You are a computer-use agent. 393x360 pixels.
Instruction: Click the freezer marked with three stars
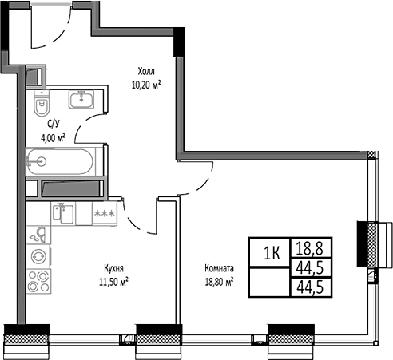(104, 214)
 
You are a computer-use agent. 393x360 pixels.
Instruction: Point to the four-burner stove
(37, 281)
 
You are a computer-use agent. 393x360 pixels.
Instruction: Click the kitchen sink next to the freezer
(65, 214)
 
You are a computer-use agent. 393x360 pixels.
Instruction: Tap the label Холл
(147, 69)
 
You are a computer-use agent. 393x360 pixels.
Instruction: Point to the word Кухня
(113, 269)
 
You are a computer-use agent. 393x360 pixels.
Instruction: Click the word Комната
(218, 269)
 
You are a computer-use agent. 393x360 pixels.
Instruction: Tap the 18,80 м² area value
(217, 281)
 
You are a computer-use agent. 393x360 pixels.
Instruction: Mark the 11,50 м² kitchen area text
(113, 281)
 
